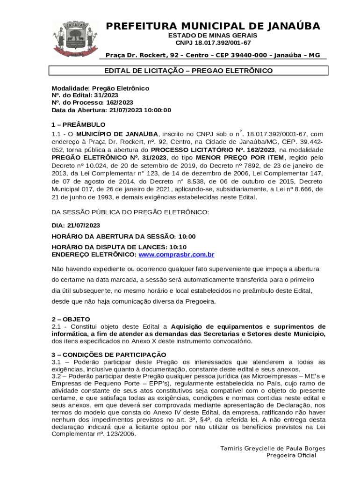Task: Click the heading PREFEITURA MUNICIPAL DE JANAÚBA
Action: coord(213,26)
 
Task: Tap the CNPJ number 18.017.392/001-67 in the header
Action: coord(213,43)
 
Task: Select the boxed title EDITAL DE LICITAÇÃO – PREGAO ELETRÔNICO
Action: coord(188,71)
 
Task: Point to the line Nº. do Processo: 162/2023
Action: coord(92,102)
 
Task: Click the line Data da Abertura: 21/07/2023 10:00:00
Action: coord(111,110)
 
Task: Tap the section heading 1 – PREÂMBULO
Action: coord(79,125)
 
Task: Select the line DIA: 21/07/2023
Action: coord(76,225)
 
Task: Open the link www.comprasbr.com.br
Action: coord(176,255)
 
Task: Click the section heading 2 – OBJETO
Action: coord(71,319)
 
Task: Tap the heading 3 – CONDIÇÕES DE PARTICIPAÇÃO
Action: coord(108,355)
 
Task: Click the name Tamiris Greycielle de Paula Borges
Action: coord(273,449)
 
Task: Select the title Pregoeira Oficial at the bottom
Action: coord(291,456)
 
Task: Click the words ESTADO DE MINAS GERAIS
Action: coord(213,36)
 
